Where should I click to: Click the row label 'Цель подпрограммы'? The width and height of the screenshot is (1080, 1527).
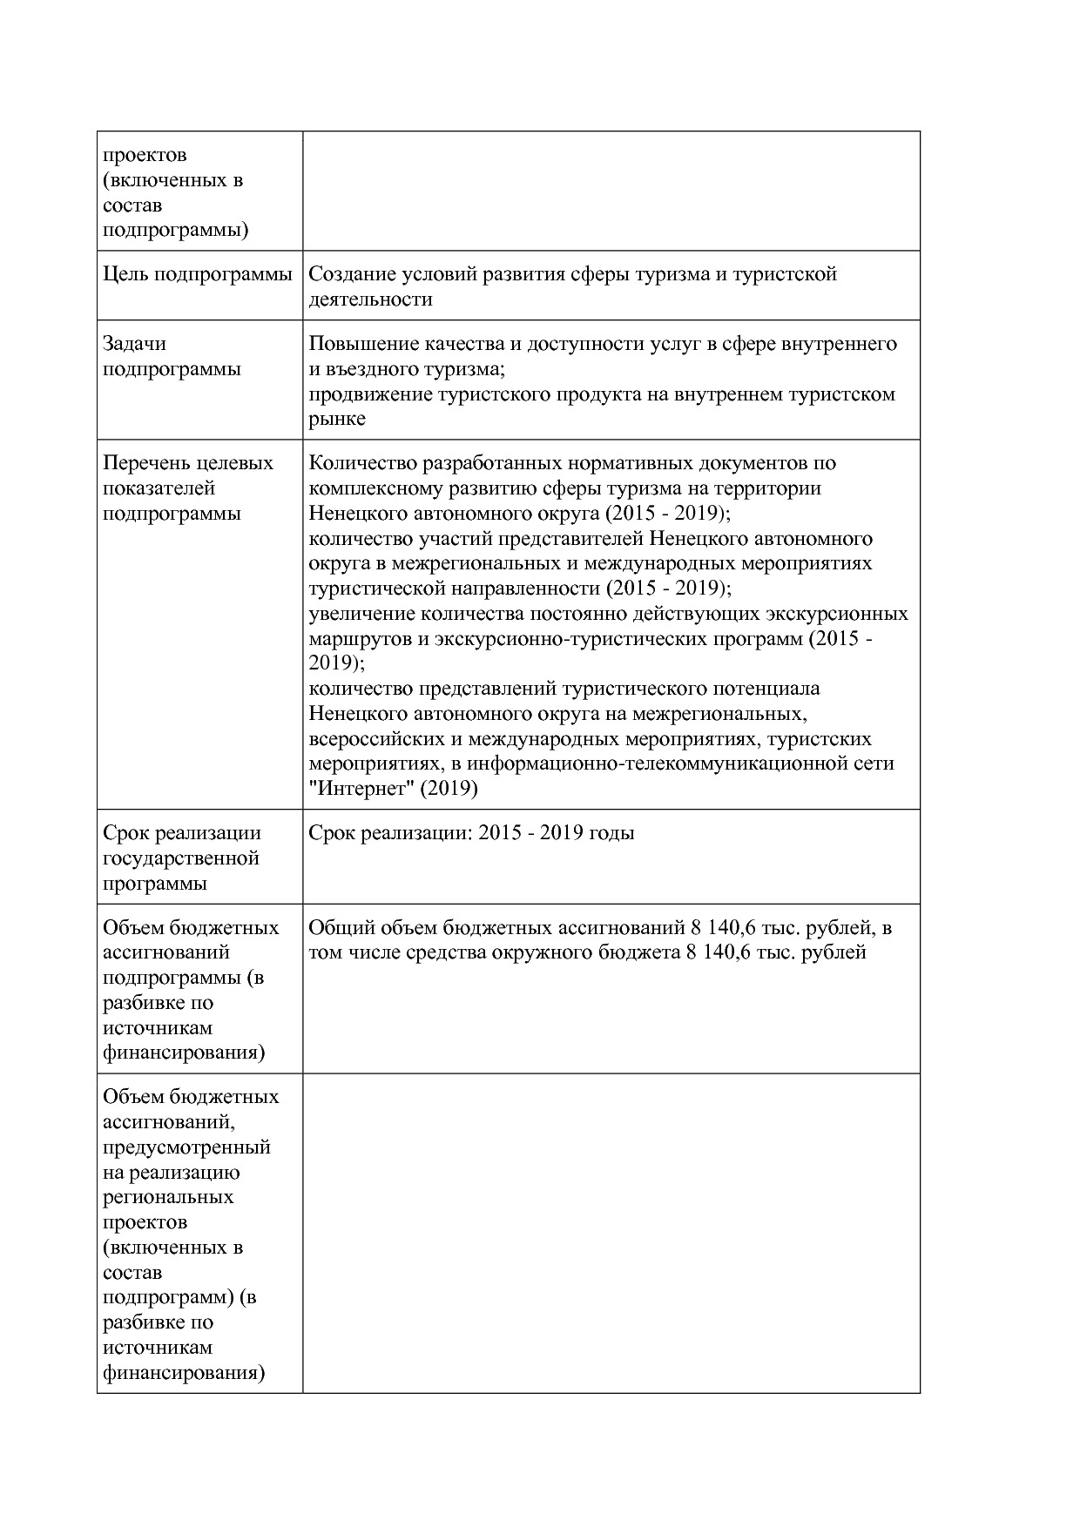coord(197,274)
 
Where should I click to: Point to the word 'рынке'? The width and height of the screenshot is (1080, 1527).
coord(337,420)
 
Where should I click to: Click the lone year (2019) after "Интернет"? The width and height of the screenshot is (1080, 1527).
coord(449,790)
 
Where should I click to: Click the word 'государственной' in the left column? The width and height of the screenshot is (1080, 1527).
coord(181,858)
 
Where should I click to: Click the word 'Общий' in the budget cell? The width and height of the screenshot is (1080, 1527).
coord(335,928)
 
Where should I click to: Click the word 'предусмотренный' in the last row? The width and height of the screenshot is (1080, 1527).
coord(186,1147)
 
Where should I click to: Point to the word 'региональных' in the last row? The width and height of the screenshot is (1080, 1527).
coord(168,1197)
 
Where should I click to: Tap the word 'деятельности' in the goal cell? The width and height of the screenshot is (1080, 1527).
coord(370,299)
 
